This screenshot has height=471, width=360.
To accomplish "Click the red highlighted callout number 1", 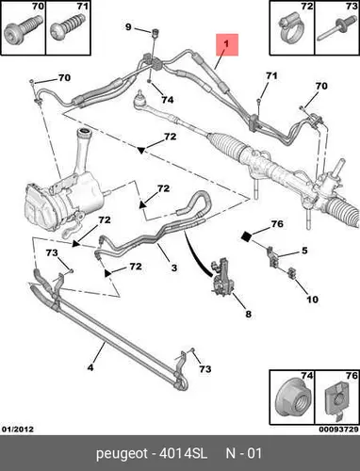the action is tap(227, 45).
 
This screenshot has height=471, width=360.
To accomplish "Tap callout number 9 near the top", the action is tap(128, 27).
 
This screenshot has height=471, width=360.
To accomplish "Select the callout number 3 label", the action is tap(174, 268).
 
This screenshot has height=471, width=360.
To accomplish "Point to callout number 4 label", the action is tap(90, 367).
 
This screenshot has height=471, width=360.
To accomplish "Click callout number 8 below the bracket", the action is tap(248, 314).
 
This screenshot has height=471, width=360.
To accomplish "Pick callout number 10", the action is tap(312, 300).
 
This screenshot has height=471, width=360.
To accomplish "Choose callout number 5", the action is tap(304, 251).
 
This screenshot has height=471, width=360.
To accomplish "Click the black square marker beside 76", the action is tap(247, 236).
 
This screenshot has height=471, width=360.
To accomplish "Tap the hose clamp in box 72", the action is tap(289, 30).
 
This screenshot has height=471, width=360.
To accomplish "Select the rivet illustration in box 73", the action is tap(334, 31).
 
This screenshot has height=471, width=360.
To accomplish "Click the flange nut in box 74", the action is tap(291, 400).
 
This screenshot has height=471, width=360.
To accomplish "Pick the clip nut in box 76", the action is tap(336, 401).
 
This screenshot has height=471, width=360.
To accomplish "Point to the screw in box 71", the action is tap(68, 29).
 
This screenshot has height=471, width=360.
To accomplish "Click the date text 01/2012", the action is tap(18, 430).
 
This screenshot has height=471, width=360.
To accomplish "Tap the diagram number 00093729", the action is tap(338, 430).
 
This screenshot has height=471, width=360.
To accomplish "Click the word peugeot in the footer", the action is tap(122, 454).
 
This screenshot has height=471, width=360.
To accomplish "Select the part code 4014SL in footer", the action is tap(183, 453).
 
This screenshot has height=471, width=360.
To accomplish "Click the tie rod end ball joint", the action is tap(139, 99).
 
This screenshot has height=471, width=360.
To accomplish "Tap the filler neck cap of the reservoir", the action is tap(84, 131).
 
